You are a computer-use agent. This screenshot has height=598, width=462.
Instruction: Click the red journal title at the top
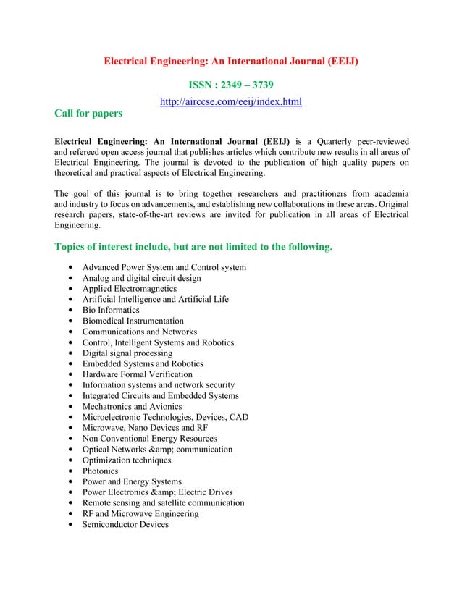pyautogui.click(x=231, y=62)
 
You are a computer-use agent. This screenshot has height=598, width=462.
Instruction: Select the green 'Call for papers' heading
pyautogui.click(x=88, y=114)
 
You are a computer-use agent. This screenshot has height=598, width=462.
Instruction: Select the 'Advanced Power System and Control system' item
pyautogui.click(x=164, y=268)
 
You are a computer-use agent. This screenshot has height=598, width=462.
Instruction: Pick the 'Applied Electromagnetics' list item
pyautogui.click(x=129, y=289)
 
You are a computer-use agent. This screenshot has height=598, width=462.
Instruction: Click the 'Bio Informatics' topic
pyautogui.click(x=111, y=311)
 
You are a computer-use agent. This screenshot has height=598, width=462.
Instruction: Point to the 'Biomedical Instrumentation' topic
pyautogui.click(x=133, y=321)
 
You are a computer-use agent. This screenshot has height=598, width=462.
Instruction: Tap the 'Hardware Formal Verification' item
pyautogui.click(x=137, y=374)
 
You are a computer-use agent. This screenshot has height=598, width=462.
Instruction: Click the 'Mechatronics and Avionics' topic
pyautogui.click(x=132, y=407)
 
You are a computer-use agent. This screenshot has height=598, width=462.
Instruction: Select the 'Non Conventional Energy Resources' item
pyautogui.click(x=149, y=439)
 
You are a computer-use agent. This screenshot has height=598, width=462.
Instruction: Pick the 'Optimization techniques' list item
pyautogui.click(x=127, y=460)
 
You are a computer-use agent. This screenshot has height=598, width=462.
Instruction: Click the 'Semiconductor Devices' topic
pyautogui.click(x=125, y=524)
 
